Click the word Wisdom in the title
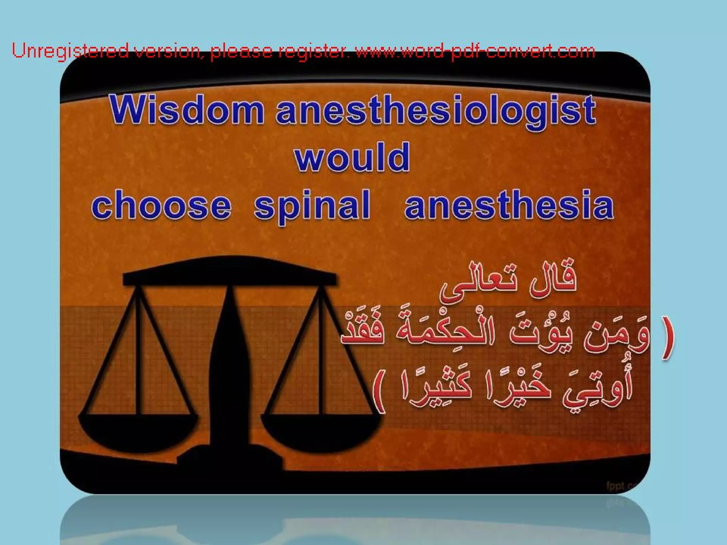[x=186, y=110]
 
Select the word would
[x=352, y=158]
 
